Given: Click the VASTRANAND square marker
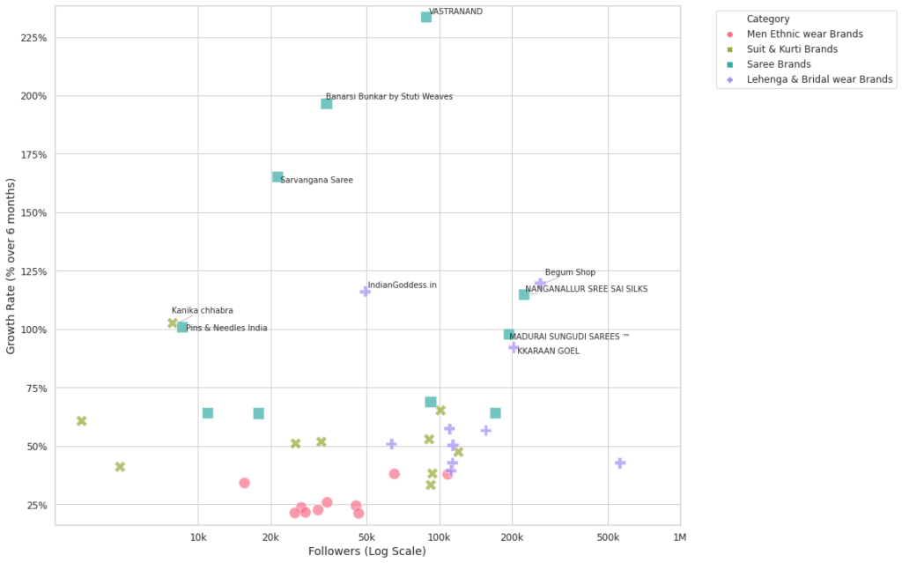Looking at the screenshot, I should (x=426, y=17).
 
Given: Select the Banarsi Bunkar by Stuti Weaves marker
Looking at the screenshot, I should (x=327, y=104).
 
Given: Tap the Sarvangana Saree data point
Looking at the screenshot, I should (x=277, y=177).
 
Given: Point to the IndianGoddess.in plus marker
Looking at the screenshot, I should (x=365, y=292).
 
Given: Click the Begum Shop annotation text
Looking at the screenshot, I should (x=570, y=273).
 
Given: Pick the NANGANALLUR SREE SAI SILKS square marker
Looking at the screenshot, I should (x=524, y=294).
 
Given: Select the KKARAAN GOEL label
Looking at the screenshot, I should (x=548, y=352).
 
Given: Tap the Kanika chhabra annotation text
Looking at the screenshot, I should (x=203, y=311).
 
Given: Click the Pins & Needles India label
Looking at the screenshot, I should (x=226, y=329).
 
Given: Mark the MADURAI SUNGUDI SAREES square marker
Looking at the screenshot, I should (x=509, y=335).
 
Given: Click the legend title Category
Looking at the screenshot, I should (x=767, y=19).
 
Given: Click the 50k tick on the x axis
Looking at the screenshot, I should (x=366, y=537).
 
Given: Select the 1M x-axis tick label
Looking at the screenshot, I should (x=680, y=537).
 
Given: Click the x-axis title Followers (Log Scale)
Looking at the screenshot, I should (x=367, y=552).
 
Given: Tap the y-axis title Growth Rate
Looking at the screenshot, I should (x=11, y=265).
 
